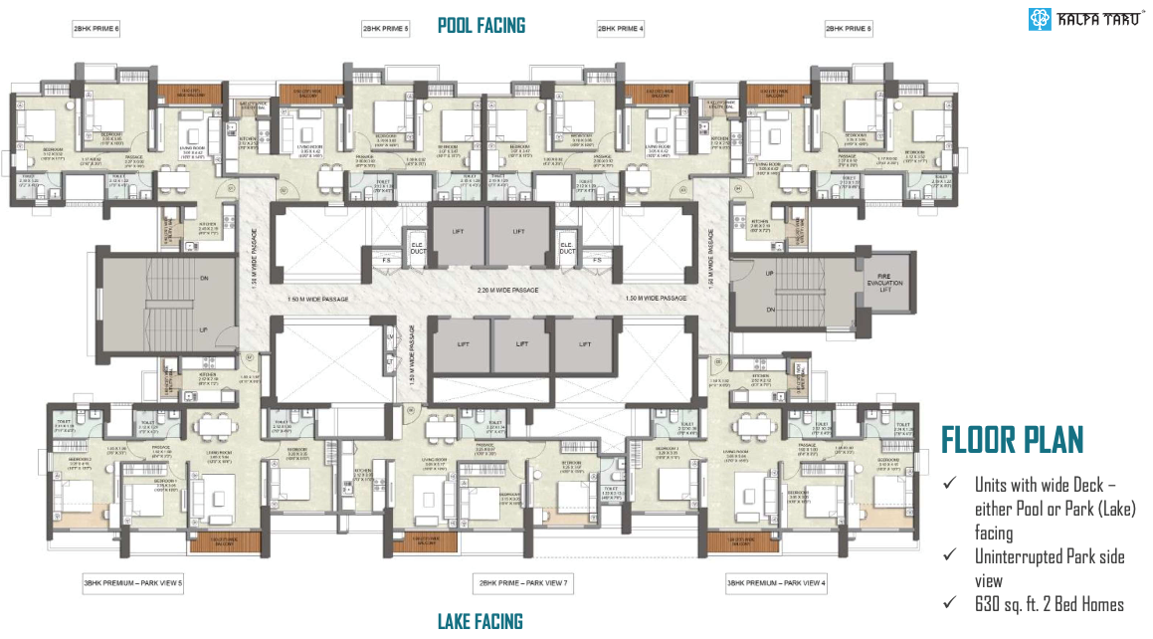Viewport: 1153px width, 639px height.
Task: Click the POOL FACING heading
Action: tap(481, 25)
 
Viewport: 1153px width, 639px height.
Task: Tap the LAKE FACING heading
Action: tap(480, 622)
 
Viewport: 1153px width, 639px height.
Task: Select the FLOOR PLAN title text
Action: tap(1012, 440)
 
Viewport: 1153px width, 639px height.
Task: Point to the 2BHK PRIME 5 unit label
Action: tap(386, 30)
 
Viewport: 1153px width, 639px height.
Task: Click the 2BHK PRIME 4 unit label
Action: tap(621, 30)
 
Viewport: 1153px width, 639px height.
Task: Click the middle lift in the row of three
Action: tap(521, 341)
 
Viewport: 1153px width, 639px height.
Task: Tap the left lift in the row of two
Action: tap(457, 232)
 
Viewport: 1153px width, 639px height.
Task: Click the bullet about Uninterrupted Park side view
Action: tap(1049, 568)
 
